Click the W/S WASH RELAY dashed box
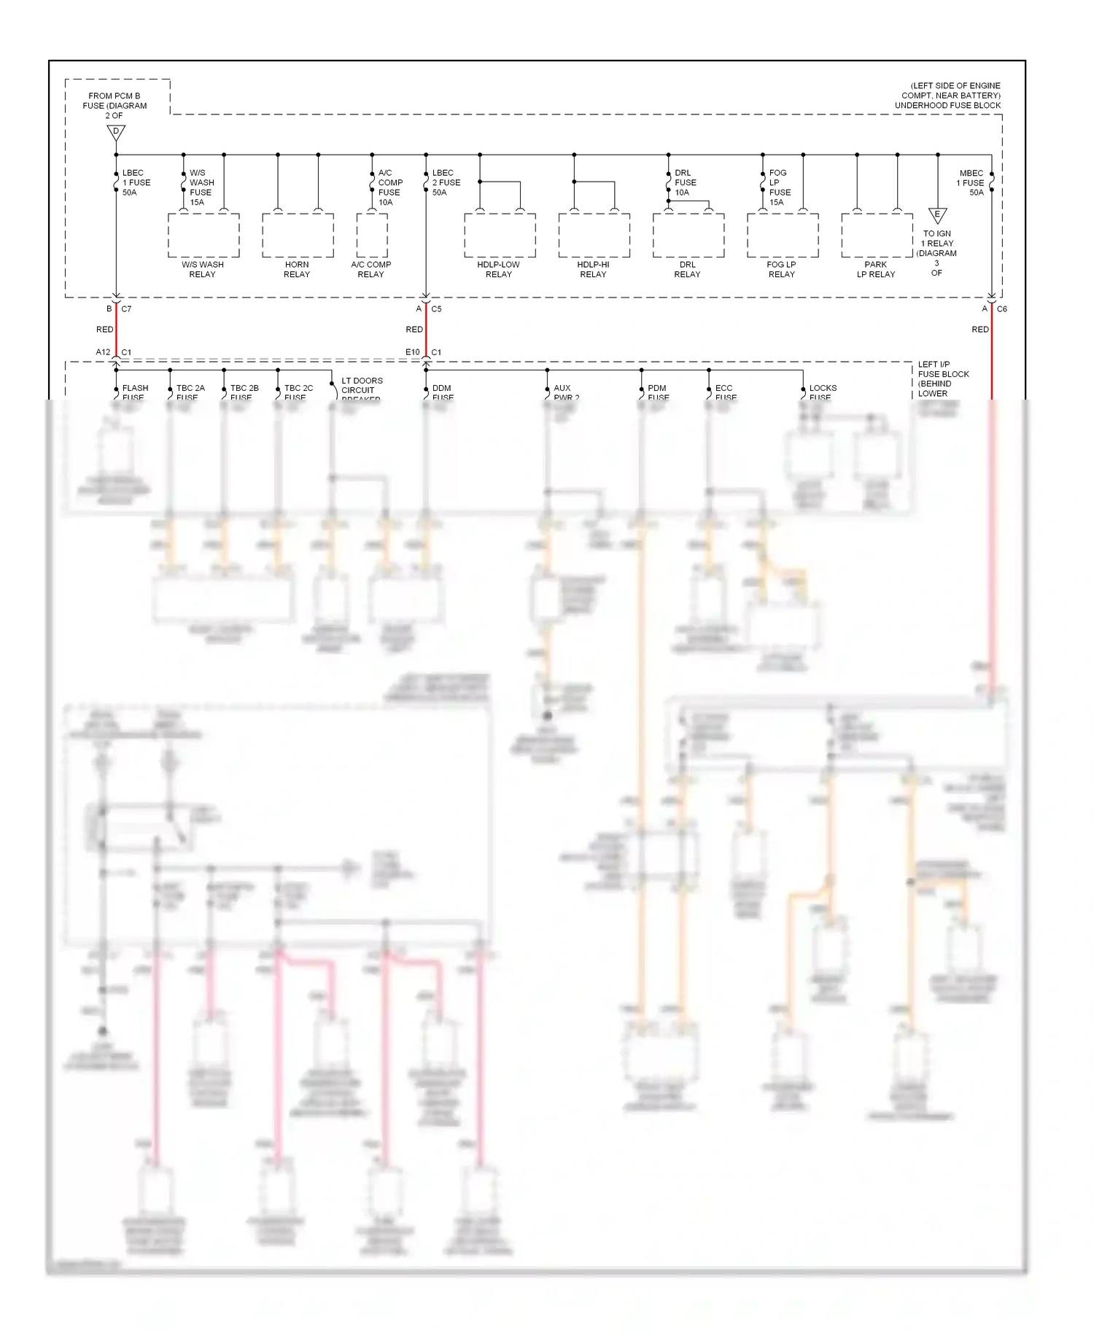203,235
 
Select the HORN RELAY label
297,270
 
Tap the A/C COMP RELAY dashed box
372,235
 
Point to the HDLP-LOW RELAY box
500,235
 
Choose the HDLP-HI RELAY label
593,270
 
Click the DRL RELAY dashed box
688,235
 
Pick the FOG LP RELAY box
783,235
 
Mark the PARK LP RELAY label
876,270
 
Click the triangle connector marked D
116,133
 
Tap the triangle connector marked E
937,216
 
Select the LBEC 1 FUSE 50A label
136,183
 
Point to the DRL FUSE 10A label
685,183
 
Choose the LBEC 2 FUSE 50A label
446,183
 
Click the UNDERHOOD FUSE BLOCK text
947,106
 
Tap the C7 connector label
126,309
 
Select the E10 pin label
412,352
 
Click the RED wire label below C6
979,330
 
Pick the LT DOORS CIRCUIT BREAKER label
361,389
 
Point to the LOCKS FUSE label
822,392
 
